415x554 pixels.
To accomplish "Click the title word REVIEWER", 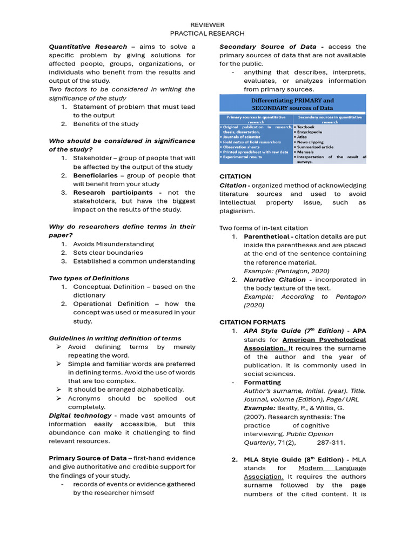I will click(207, 25).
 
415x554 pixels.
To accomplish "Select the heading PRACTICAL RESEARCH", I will click(207, 34).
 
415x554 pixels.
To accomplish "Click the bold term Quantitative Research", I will click(88, 47).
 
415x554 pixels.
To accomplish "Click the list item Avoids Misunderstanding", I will click(113, 244).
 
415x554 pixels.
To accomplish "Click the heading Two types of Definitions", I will click(89, 278).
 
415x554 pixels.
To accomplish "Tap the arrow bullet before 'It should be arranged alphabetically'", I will click(59, 390).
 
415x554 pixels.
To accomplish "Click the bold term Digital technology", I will click(80, 415).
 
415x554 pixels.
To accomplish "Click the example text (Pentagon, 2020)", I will click(286, 271).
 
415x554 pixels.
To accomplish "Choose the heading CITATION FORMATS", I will click(252, 322).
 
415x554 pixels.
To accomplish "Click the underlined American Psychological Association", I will click(305, 344).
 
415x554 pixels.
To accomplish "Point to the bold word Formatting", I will click(262, 382).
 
